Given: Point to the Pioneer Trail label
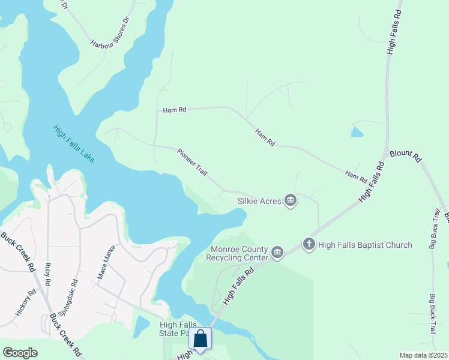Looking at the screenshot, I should point(192,162).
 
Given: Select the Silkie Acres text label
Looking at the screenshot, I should point(259,201).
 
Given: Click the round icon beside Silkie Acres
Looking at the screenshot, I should point(291,200).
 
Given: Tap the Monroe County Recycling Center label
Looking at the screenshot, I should point(239,254).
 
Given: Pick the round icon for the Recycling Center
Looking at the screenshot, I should point(277,253).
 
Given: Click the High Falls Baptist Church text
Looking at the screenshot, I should point(365,245).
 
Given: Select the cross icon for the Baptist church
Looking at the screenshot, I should point(309,244).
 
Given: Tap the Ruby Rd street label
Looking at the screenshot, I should point(48,274).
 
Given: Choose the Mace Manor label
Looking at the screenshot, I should point(106,266).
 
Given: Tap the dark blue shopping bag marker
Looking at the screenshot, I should point(200,339).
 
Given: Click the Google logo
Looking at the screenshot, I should point(20,353).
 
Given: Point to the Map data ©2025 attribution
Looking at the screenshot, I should point(424,355).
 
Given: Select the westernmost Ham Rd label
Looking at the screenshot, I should point(175,110).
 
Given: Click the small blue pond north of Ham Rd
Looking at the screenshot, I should point(357,131).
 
